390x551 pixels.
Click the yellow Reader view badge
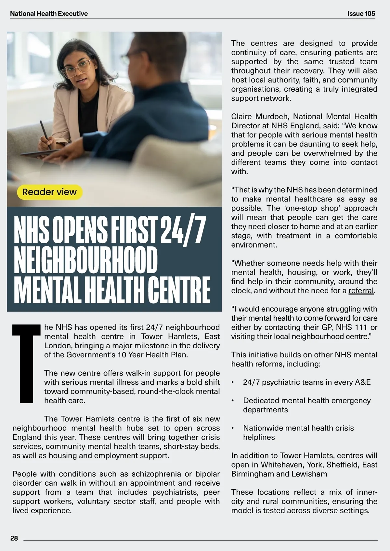point(49,192)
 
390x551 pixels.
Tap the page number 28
point(14,538)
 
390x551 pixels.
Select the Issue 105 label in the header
point(361,14)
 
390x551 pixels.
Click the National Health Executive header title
point(49,14)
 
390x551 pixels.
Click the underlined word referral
point(361,291)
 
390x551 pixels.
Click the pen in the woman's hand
point(45,135)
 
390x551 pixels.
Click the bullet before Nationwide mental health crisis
point(233,428)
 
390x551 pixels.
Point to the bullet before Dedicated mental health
point(233,401)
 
